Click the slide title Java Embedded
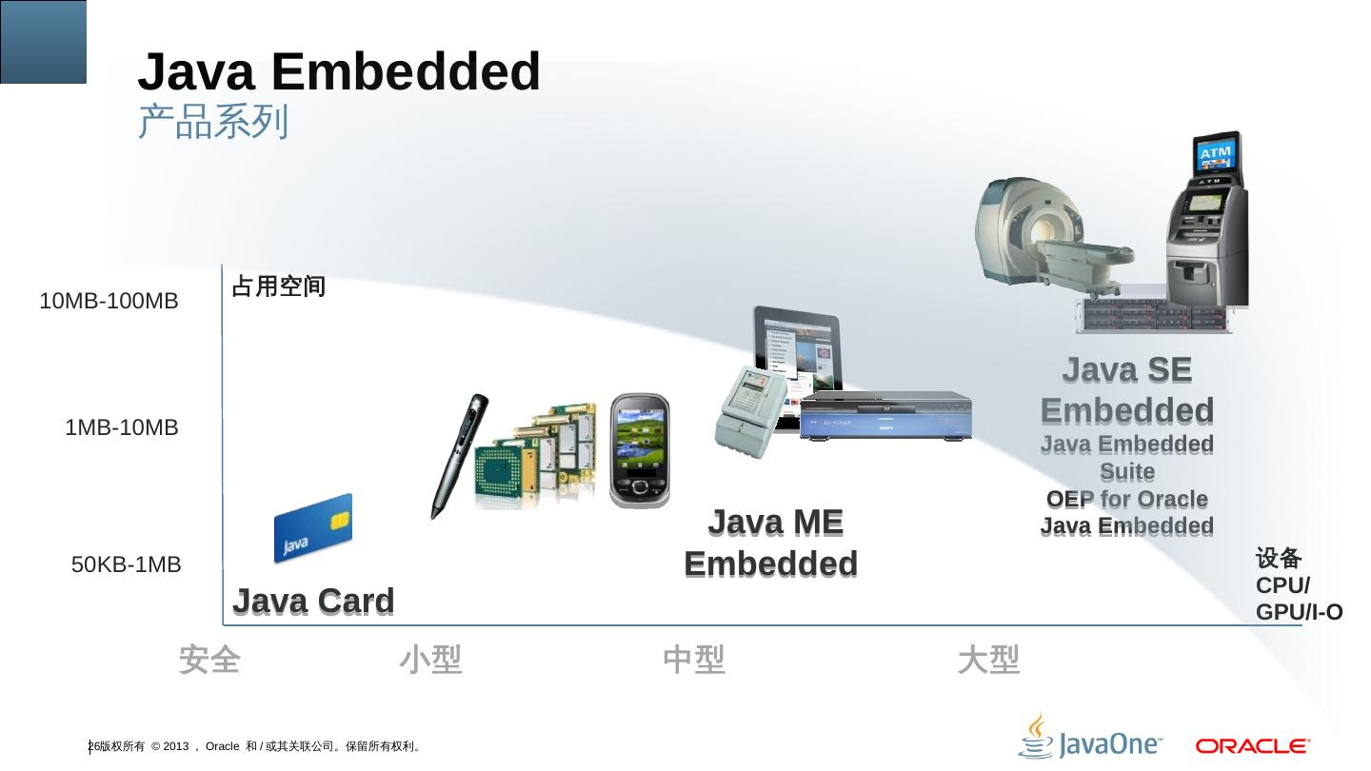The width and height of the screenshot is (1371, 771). click(339, 72)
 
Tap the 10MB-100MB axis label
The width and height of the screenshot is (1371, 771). click(109, 302)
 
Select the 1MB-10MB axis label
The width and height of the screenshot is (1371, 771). click(121, 428)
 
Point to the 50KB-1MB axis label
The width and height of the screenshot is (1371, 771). click(126, 565)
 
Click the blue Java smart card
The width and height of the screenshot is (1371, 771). click(312, 528)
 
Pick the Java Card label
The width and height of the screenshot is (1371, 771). click(313, 602)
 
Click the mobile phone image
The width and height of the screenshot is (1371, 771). click(640, 449)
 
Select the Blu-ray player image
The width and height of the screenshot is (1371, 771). click(885, 416)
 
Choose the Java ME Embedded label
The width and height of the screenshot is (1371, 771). click(771, 543)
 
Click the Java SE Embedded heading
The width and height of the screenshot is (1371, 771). click(1127, 390)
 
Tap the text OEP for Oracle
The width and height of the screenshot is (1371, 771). click(1127, 500)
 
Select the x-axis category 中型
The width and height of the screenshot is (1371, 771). click(694, 659)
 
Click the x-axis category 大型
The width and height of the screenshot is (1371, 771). click(988, 659)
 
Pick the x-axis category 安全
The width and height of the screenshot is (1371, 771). click(209, 659)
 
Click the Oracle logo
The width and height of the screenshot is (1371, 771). click(1253, 745)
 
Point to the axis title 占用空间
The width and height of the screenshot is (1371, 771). click(279, 287)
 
